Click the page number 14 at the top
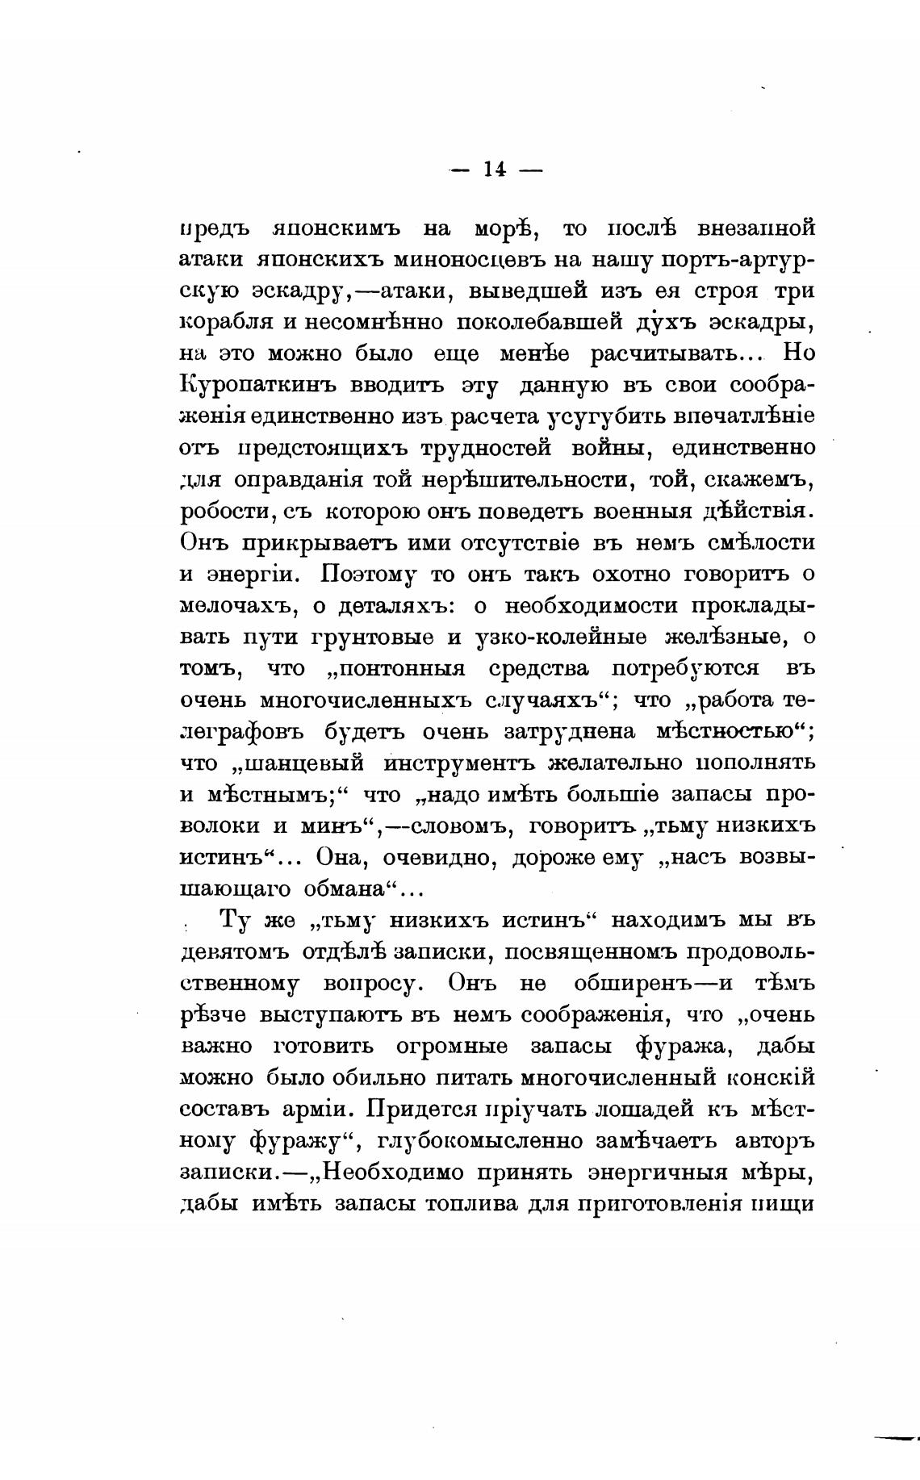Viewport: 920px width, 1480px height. point(495,169)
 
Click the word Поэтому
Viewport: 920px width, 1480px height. point(367,574)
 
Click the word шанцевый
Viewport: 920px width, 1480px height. point(304,763)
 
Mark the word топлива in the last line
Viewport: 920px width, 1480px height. point(470,1204)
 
